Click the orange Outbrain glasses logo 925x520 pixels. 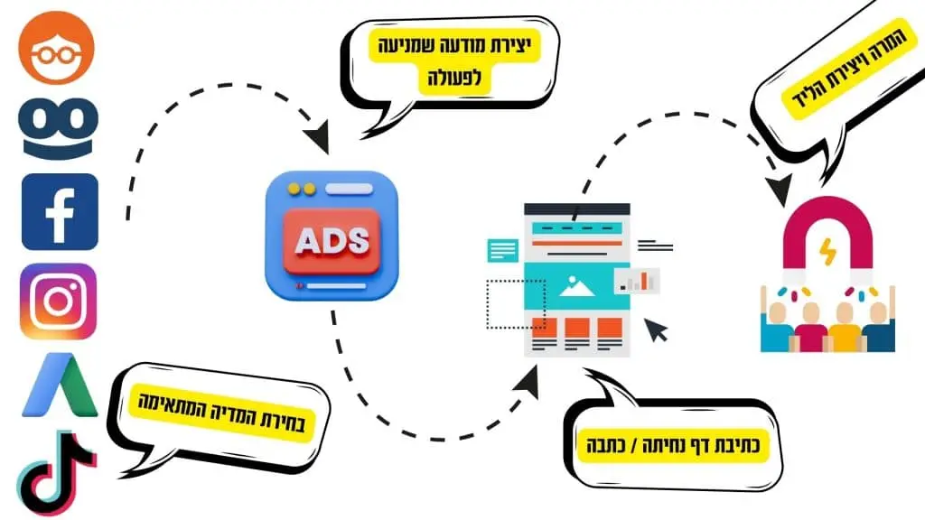coord(57,47)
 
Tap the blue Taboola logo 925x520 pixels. coord(58,128)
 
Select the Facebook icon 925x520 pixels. coord(60,211)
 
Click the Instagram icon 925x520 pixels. coord(59,302)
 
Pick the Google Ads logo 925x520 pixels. coord(59,385)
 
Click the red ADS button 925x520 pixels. coord(332,240)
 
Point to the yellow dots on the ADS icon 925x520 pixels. coord(301,190)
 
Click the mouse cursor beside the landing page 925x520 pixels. coord(656,330)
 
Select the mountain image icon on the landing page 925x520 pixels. coord(576,285)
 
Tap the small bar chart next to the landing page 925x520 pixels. coord(638,281)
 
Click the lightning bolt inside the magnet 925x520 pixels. coord(827,252)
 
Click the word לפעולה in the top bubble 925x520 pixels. coord(455,77)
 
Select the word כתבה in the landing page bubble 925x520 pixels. coord(603,445)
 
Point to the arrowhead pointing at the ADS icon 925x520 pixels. coord(319,138)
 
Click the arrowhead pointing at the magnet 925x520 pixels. coord(781,188)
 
